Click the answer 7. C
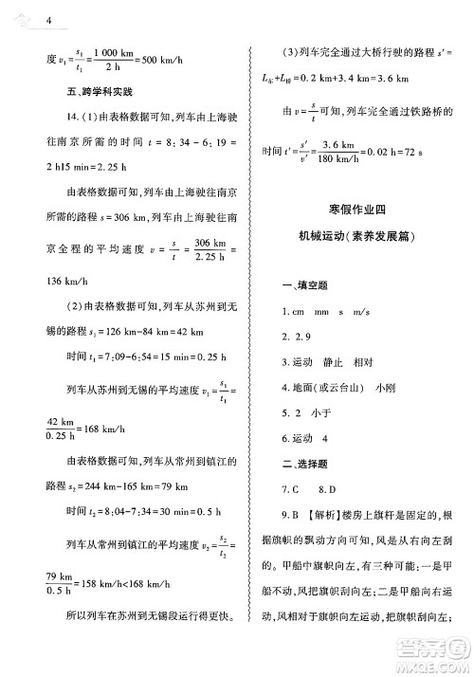tap(290, 490)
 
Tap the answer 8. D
tap(332, 490)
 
